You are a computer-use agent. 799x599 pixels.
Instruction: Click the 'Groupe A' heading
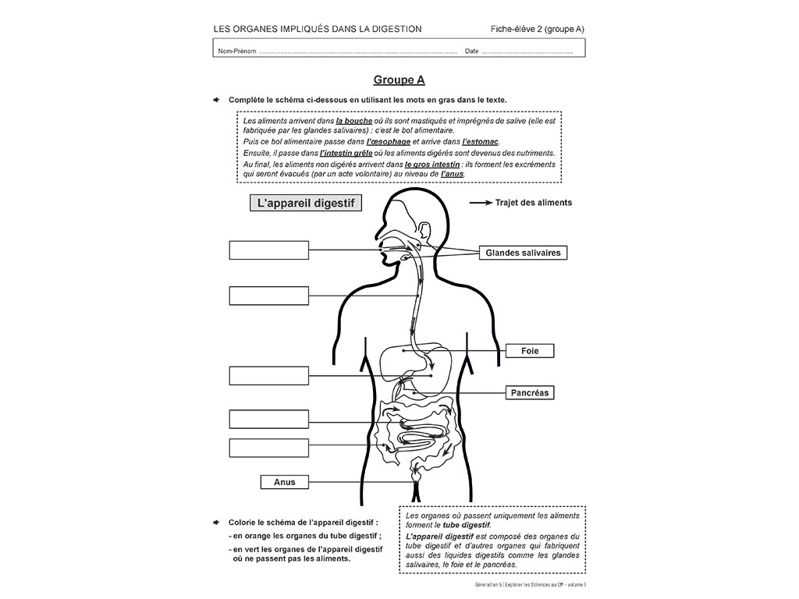(x=399, y=80)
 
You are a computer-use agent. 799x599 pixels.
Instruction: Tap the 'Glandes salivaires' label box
(x=523, y=253)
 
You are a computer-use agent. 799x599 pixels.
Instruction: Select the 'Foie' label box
(x=530, y=351)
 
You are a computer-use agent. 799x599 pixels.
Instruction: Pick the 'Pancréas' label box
(x=530, y=393)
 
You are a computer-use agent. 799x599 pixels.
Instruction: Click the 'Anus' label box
(x=285, y=482)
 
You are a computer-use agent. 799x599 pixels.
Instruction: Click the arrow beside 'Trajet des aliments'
(x=480, y=203)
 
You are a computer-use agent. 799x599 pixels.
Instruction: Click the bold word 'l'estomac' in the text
(x=480, y=142)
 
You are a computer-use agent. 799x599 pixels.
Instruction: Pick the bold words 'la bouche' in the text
(x=354, y=122)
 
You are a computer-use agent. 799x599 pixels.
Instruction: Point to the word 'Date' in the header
(x=471, y=51)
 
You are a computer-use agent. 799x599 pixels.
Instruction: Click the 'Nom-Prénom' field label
(x=237, y=51)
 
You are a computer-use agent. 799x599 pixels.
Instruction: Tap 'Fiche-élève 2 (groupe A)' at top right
(x=538, y=30)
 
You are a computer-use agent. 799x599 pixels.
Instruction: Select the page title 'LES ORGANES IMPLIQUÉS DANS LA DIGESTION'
(x=318, y=30)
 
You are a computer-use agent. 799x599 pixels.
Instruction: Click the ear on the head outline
(x=424, y=232)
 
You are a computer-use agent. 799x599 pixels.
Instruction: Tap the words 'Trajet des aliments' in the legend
(x=534, y=203)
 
